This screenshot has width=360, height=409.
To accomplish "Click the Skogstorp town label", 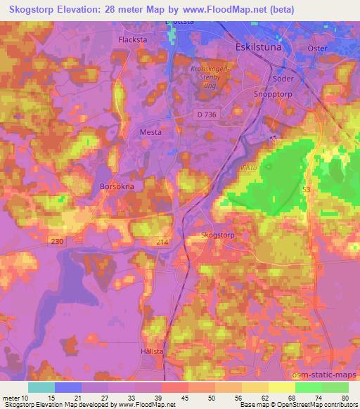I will (x=217, y=235).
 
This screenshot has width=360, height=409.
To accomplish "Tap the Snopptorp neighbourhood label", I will (x=271, y=92).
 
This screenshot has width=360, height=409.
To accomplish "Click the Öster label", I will (x=320, y=47).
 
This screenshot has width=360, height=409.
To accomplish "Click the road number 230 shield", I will (x=58, y=241).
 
